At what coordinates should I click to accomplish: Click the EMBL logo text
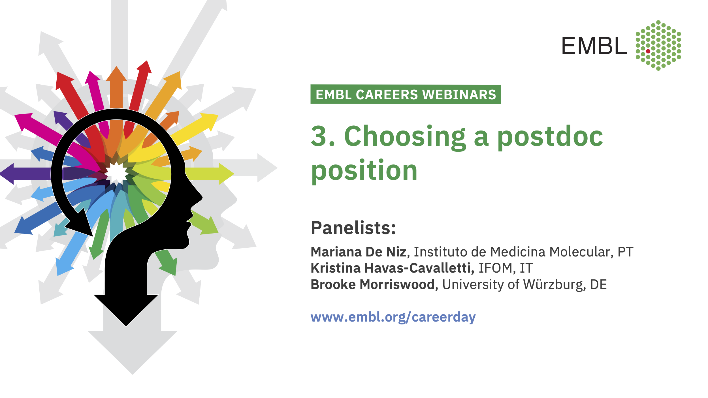(x=594, y=46)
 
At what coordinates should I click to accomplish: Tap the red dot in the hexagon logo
(x=648, y=51)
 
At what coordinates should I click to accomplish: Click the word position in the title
(x=364, y=170)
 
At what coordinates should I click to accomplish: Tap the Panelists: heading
(x=353, y=228)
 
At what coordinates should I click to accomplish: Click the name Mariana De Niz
(x=359, y=252)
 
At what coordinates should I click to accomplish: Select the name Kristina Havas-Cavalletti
(x=392, y=268)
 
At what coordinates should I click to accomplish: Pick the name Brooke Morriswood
(x=372, y=284)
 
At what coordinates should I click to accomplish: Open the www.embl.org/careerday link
(x=393, y=317)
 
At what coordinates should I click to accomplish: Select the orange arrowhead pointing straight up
(x=116, y=74)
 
